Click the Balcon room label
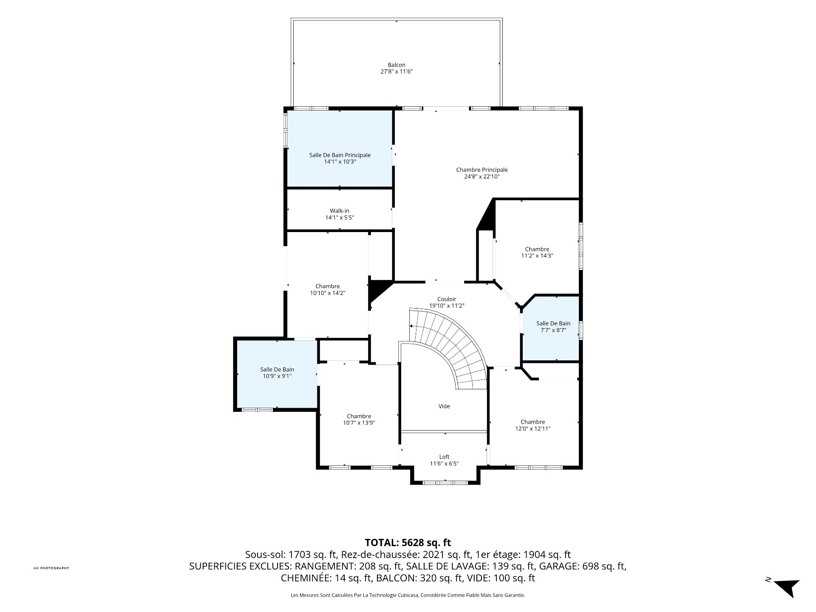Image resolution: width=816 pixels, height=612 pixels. [x=397, y=65]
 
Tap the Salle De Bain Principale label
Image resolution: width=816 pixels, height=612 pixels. [x=340, y=155]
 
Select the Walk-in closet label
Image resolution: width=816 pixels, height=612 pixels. [x=340, y=211]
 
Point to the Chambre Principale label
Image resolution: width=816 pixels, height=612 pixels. [x=482, y=170]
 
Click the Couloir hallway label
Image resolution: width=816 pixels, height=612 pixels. [x=447, y=299]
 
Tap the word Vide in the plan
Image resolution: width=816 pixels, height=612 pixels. [x=444, y=406]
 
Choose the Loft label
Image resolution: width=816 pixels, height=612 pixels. [x=444, y=457]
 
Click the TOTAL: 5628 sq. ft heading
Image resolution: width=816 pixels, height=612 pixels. [x=408, y=543]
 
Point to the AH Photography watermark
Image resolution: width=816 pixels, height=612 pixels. [x=51, y=568]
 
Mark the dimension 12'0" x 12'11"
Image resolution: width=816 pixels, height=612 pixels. [x=533, y=429]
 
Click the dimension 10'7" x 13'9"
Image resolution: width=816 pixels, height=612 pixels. [x=359, y=423]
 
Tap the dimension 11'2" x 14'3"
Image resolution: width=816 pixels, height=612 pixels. [x=537, y=256]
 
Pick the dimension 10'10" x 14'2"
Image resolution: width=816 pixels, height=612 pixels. [x=328, y=293]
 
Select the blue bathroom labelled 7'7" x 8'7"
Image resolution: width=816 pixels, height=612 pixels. [x=551, y=328]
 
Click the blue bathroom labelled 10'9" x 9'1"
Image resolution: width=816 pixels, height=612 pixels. [x=277, y=374]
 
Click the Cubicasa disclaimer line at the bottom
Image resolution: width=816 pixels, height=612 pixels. [x=408, y=595]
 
